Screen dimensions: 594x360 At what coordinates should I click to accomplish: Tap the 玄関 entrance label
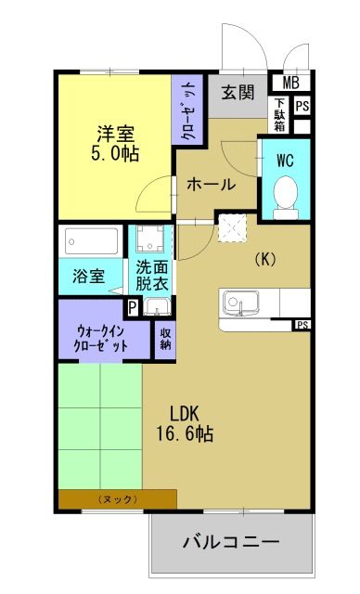[238, 92]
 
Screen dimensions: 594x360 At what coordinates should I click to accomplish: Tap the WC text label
[285, 159]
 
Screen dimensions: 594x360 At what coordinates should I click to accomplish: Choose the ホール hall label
[212, 184]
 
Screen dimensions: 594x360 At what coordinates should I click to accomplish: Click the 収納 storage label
[165, 339]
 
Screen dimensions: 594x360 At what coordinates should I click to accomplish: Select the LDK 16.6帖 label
[191, 423]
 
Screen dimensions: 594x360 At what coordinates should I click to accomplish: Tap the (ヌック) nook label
[117, 499]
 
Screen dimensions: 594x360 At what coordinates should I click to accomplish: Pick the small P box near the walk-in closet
[134, 306]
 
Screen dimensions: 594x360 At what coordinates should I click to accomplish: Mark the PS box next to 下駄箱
[302, 106]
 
